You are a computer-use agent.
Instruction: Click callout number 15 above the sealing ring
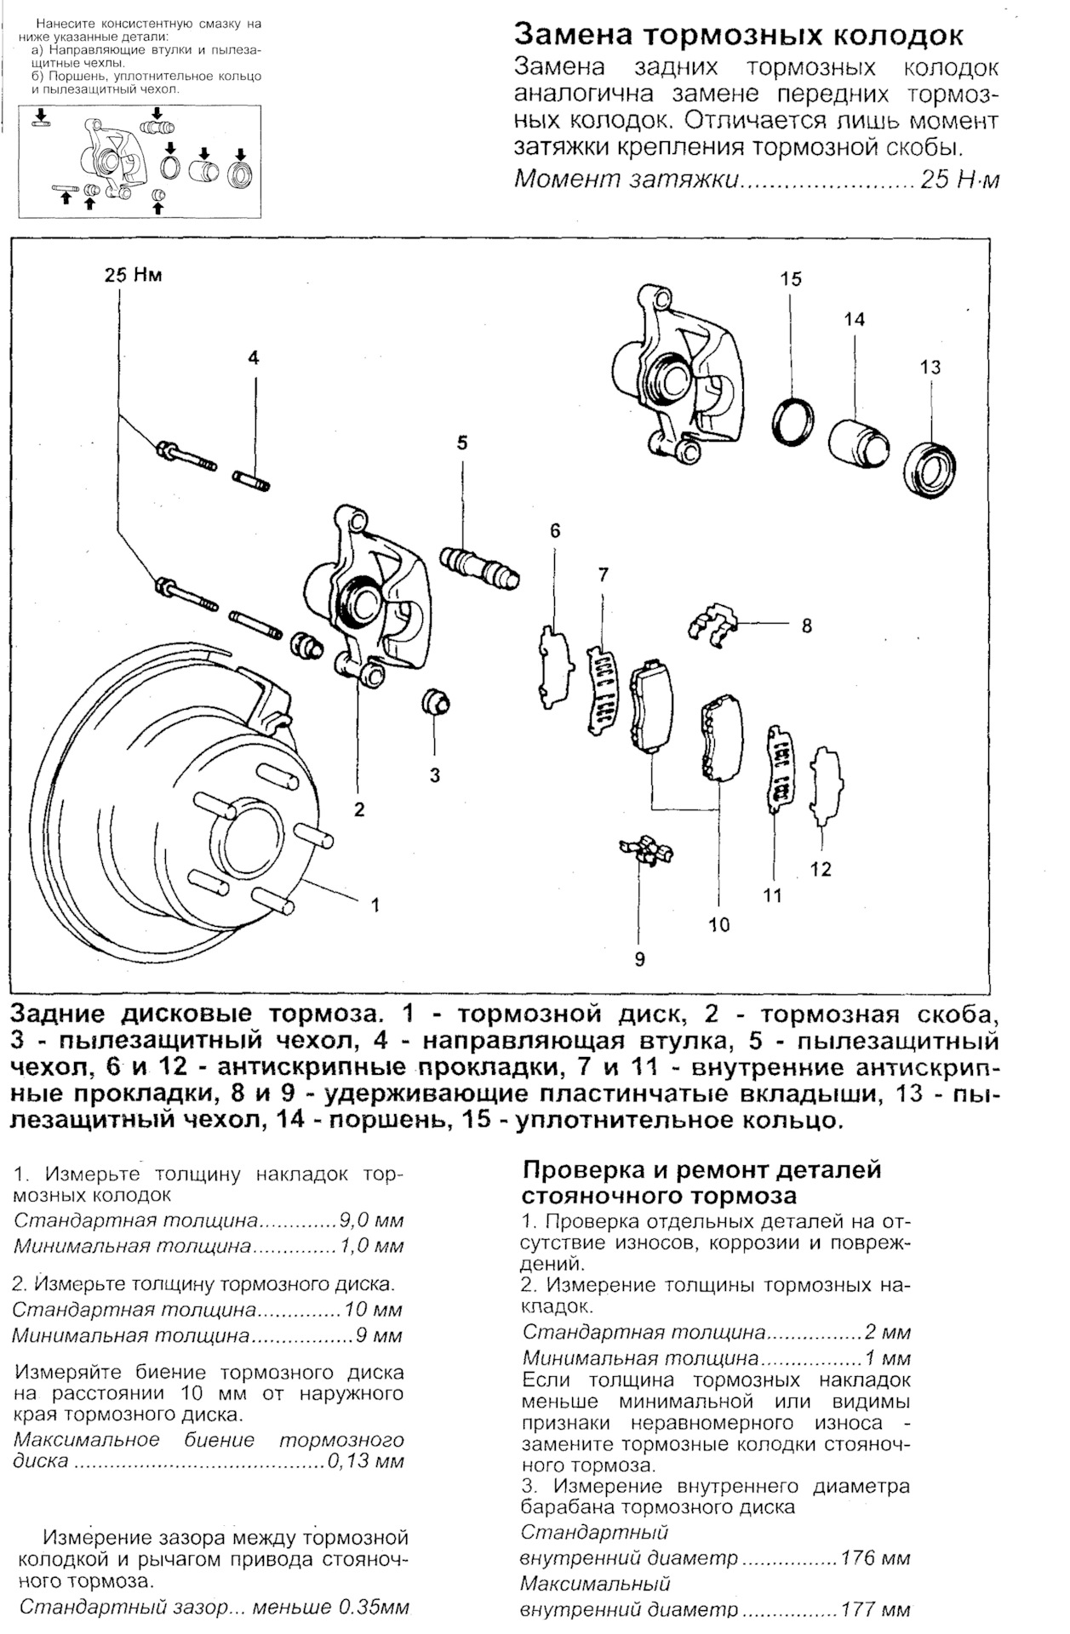tap(791, 279)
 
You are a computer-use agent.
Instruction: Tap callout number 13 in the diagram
tap(930, 367)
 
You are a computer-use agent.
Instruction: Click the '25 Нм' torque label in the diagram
tap(133, 275)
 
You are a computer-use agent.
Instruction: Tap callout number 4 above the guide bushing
tap(253, 357)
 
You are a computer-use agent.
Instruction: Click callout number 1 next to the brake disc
tap(375, 905)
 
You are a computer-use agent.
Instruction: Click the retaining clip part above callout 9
tap(646, 851)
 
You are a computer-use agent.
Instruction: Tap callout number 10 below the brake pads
tap(718, 924)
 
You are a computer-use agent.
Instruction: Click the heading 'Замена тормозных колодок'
tap(739, 36)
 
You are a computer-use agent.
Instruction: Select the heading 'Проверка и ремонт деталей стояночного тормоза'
tap(701, 1183)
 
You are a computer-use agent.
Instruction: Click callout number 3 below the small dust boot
tap(434, 775)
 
